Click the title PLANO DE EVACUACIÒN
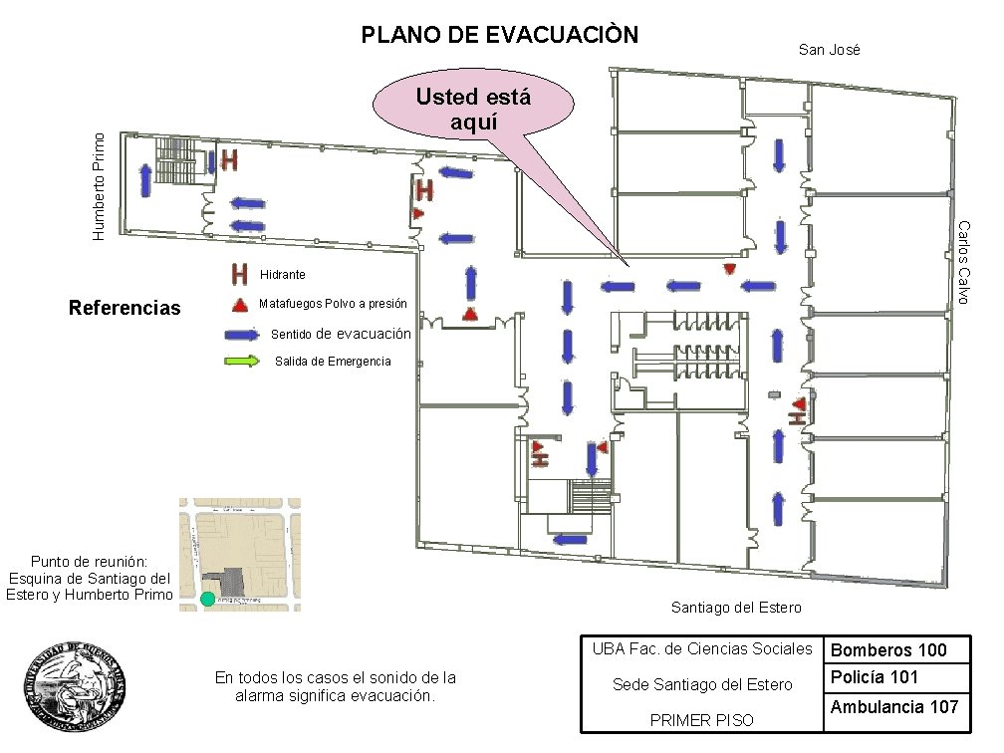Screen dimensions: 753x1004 pyautogui.click(x=499, y=36)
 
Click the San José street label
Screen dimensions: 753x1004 pyautogui.click(x=829, y=50)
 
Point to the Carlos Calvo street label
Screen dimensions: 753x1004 pyautogui.click(x=964, y=263)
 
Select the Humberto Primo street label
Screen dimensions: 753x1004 pyautogui.click(x=99, y=186)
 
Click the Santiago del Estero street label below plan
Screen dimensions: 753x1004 pyautogui.click(x=736, y=607)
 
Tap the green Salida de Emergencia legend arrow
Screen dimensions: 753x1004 pyautogui.click(x=242, y=361)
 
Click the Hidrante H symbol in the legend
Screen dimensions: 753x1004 pyautogui.click(x=239, y=273)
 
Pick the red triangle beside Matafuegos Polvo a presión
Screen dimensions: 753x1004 pyautogui.click(x=239, y=304)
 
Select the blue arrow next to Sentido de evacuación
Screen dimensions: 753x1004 pyautogui.click(x=242, y=335)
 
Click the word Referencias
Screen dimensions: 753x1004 pyautogui.click(x=125, y=308)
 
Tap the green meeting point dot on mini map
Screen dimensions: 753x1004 pyautogui.click(x=207, y=599)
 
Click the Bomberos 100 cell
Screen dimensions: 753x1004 pyautogui.click(x=888, y=650)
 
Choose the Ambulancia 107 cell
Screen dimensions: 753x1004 pyautogui.click(x=893, y=706)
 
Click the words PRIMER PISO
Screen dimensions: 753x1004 pyautogui.click(x=701, y=720)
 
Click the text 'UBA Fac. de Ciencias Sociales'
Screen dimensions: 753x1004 pyautogui.click(x=702, y=649)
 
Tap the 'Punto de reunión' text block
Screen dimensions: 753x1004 pyautogui.click(x=90, y=578)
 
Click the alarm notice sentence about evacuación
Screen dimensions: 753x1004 pyautogui.click(x=336, y=686)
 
